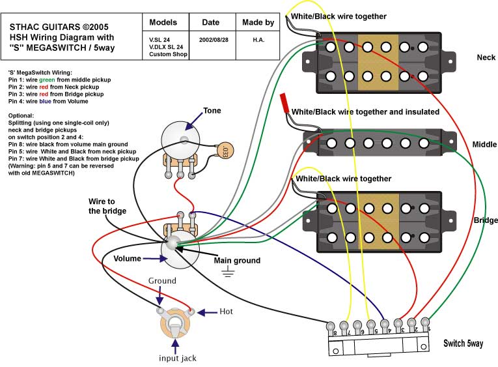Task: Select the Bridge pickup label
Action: pyautogui.click(x=486, y=220)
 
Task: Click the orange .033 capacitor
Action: pyautogui.click(x=223, y=153)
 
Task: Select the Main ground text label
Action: pyautogui.click(x=237, y=261)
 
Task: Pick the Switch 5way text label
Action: pyautogui.click(x=463, y=343)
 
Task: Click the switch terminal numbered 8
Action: pyautogui.click(x=333, y=325)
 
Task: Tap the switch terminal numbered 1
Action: pyautogui.click(x=426, y=321)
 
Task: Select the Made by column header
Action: pyautogui.click(x=258, y=22)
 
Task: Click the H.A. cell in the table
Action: pyautogui.click(x=258, y=39)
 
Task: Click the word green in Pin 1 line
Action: pyautogui.click(x=61, y=80)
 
